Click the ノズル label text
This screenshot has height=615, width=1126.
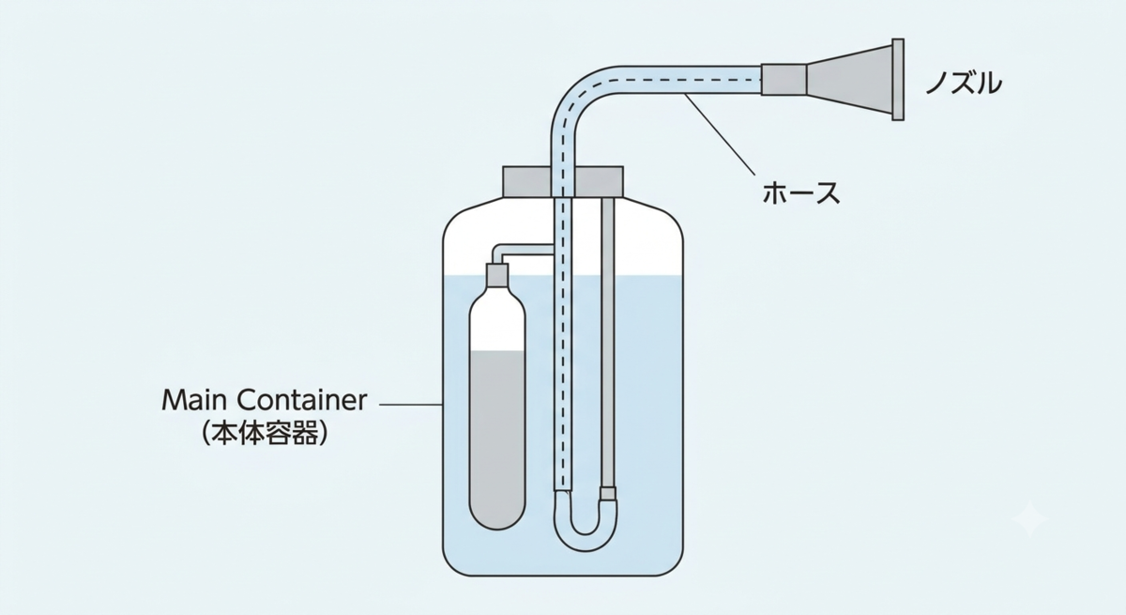[963, 83]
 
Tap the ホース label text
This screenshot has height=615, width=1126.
[800, 193]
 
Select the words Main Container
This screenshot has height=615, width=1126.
[265, 400]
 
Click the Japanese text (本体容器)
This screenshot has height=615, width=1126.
[265, 433]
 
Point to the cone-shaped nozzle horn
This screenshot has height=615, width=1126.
[849, 80]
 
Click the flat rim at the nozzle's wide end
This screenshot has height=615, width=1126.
[898, 80]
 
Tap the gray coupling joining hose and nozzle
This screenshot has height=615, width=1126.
[784, 80]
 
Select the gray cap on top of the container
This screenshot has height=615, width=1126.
[563, 181]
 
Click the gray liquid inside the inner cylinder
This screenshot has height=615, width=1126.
[497, 438]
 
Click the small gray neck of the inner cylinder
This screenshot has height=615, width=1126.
[497, 275]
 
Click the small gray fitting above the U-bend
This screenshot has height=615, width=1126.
[608, 493]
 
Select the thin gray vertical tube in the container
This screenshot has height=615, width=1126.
[608, 342]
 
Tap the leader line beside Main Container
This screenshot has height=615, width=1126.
[411, 405]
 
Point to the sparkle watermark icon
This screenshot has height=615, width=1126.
[1029, 519]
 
